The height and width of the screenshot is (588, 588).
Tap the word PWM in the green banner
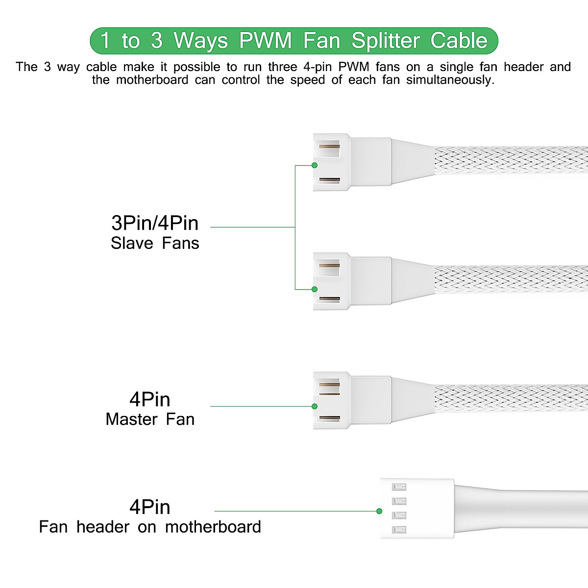point(265,41)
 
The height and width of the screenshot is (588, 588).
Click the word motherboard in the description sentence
point(152,80)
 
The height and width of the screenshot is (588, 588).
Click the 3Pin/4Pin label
point(155,223)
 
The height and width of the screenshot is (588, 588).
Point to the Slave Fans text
point(155,243)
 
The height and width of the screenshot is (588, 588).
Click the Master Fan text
point(150,419)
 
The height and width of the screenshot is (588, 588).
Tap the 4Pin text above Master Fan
point(150,399)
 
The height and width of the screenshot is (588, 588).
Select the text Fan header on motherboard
point(150,527)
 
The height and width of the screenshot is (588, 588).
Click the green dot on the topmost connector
point(315,166)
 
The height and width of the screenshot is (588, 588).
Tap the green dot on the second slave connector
point(315,289)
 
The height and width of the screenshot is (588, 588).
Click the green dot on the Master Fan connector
point(315,406)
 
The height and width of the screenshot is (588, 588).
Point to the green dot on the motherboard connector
point(379,511)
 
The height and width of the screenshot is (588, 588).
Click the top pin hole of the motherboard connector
point(399,487)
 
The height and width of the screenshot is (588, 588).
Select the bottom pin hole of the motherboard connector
point(399,530)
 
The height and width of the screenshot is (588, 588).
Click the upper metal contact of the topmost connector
point(329,147)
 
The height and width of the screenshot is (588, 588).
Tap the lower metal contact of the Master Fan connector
point(329,418)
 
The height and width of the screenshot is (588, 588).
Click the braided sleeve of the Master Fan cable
point(510,398)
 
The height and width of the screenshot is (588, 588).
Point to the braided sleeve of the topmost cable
point(510,160)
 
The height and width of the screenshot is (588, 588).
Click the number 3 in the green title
point(156,41)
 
